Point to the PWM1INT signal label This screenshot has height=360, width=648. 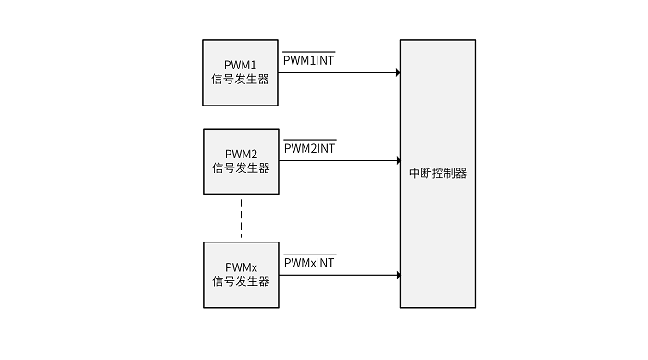tap(309, 60)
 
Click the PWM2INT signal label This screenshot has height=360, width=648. tap(309, 148)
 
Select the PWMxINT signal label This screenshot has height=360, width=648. tap(309, 263)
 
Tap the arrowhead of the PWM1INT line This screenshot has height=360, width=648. tap(397, 72)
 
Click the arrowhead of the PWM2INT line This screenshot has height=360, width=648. tap(397, 161)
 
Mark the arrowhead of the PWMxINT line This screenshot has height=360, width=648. tap(397, 275)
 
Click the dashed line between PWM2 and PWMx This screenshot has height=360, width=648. tap(241, 217)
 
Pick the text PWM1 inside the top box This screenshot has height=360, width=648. tap(241, 65)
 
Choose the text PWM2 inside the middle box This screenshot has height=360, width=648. tap(241, 154)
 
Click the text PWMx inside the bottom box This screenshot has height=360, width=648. tap(241, 267)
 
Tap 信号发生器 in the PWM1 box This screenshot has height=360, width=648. tap(241, 80)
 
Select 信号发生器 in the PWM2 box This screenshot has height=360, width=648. tap(241, 168)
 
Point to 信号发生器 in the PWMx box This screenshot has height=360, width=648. tap(241, 281)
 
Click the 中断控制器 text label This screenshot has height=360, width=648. tap(438, 173)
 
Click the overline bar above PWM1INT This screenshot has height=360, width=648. tap(309, 52)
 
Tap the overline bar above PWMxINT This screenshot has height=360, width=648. tap(309, 254)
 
